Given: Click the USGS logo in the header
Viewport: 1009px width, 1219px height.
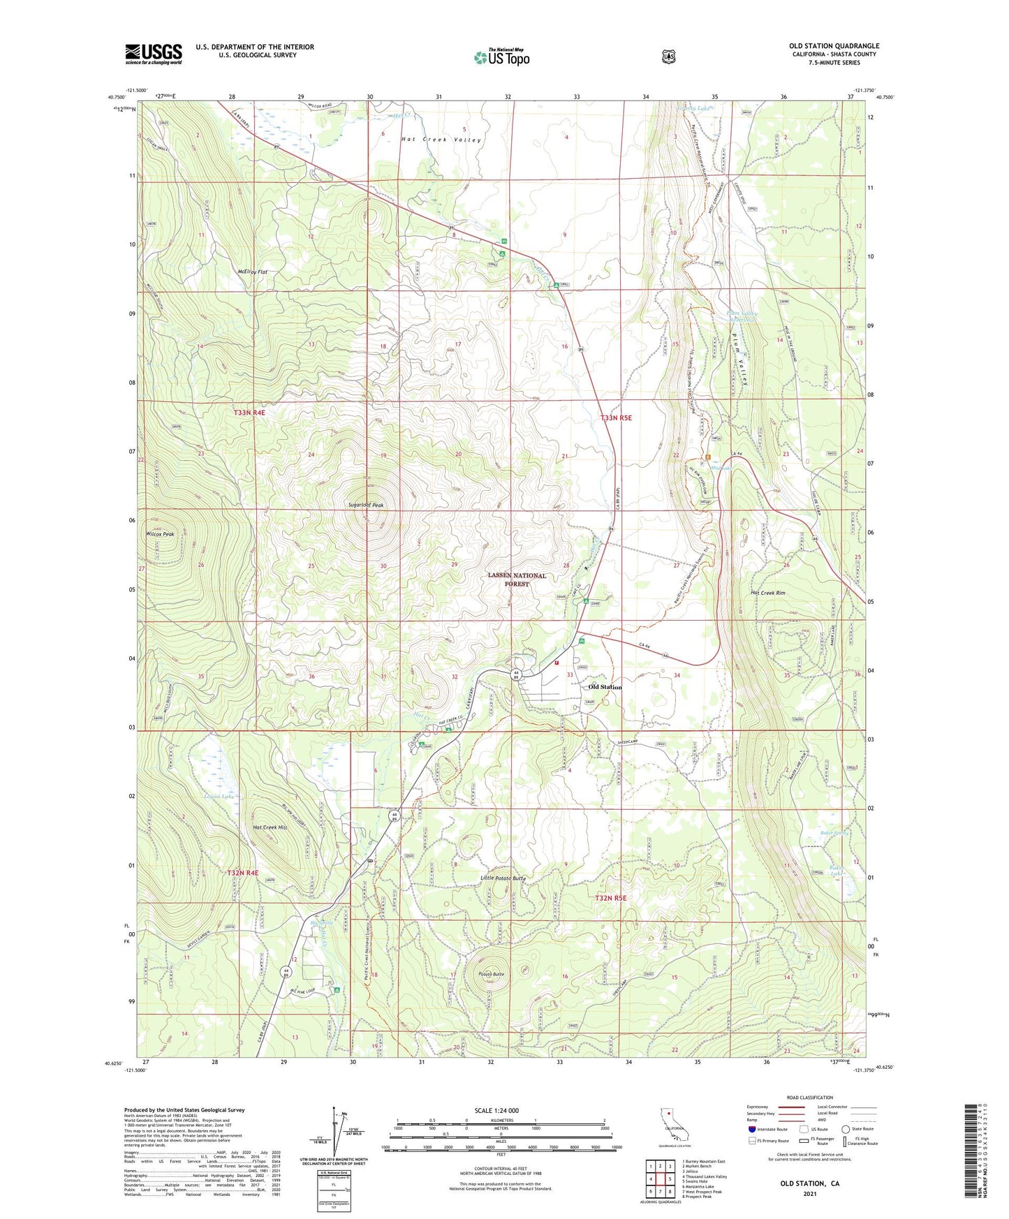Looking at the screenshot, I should pos(154,53).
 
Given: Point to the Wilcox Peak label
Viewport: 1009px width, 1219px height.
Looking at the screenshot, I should pos(160,534).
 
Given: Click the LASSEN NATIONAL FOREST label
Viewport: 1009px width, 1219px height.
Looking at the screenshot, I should pos(517,580).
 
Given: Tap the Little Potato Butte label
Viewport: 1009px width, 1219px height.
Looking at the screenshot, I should pos(503,878).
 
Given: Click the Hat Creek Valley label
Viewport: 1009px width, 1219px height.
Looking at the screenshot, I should pos(441,140).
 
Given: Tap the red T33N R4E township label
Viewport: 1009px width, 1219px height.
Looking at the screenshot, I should pos(249,413).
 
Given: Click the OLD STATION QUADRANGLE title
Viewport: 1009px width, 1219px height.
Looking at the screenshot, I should pos(834,46).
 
